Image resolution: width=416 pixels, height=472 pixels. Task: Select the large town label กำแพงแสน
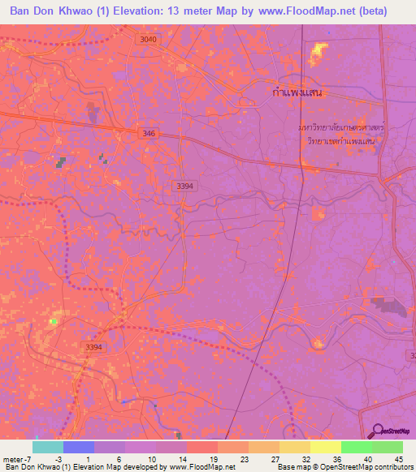coord(296,93)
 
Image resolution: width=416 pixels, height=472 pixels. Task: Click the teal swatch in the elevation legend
coord(48,447)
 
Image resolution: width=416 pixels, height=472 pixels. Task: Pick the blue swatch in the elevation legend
coord(79,447)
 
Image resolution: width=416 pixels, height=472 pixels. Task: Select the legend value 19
coord(213,458)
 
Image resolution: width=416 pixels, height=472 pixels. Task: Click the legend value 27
coord(274,458)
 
